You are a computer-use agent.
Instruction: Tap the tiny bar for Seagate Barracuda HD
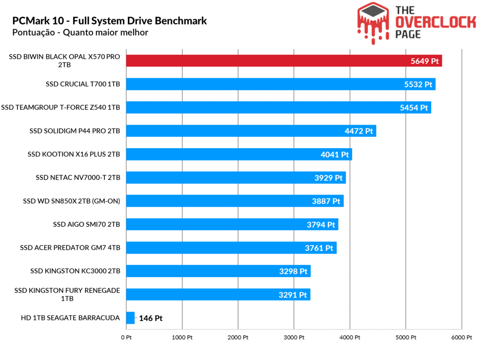pos(130,318)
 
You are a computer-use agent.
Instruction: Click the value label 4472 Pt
pos(359,131)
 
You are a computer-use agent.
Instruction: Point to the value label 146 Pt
pos(150,318)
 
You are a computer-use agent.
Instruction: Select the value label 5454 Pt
pos(414,108)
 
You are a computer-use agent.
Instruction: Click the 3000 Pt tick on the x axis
pos(294,337)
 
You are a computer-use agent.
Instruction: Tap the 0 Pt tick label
pos(126,337)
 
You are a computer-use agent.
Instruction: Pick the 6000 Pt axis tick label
pos(462,337)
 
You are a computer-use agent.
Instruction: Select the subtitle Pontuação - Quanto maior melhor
pos(80,33)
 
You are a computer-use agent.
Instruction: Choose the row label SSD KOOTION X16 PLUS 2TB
pos(74,154)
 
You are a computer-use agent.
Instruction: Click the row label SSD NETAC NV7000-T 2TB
pos(78,178)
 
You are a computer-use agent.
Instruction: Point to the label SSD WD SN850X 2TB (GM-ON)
pos(71,201)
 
